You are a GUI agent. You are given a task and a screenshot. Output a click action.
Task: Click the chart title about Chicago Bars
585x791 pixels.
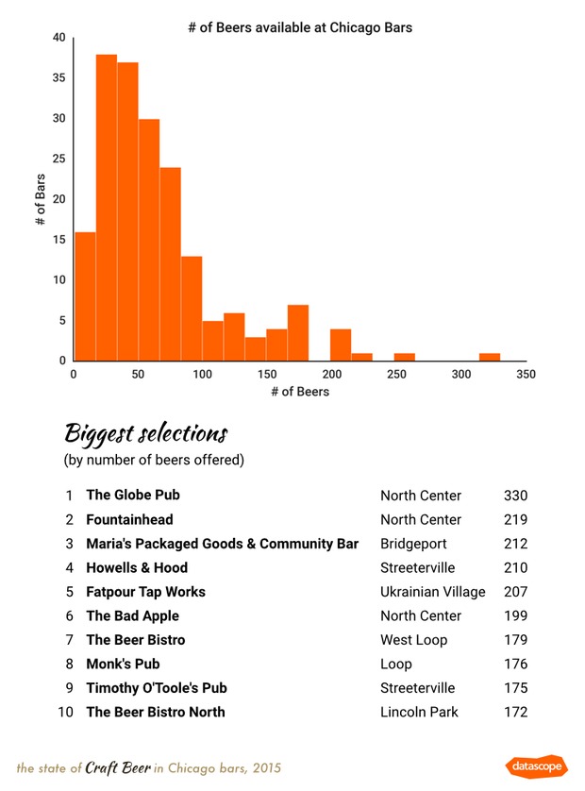click(300, 27)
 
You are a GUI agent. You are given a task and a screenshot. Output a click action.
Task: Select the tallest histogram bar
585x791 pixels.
click(106, 208)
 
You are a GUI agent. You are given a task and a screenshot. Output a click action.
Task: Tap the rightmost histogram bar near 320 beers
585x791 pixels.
click(489, 357)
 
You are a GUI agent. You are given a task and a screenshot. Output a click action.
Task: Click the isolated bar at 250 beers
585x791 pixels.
click(404, 357)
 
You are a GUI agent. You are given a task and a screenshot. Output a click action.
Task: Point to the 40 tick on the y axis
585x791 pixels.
click(58, 38)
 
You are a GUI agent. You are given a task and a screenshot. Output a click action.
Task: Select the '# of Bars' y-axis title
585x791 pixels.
click(41, 198)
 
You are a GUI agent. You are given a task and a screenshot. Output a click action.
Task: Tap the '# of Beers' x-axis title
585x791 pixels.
click(299, 391)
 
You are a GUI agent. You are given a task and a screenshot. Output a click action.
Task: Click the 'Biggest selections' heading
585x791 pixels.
click(145, 434)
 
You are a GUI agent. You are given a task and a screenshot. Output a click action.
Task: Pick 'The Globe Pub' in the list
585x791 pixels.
click(132, 495)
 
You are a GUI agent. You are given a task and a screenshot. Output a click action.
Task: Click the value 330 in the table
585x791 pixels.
click(515, 496)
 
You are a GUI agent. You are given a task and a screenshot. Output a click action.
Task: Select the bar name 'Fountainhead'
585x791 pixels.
click(129, 519)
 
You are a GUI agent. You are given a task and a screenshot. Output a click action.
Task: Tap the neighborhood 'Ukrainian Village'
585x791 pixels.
click(432, 592)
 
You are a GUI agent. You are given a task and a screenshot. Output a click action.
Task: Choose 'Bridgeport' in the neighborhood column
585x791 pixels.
click(413, 544)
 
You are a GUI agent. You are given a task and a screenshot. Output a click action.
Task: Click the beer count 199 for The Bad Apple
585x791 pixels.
click(515, 615)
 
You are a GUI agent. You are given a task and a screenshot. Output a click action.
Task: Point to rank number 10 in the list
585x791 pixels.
click(65, 712)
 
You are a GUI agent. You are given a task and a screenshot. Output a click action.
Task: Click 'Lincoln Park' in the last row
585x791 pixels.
click(419, 712)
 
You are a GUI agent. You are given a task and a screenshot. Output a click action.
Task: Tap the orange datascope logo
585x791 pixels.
click(535, 766)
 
